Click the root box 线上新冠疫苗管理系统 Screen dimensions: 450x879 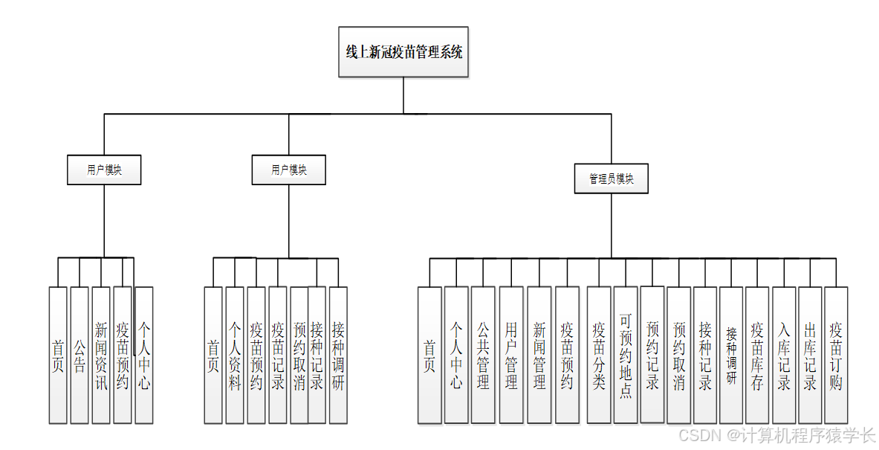point(403,52)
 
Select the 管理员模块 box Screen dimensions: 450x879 point(612,179)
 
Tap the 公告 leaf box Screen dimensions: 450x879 point(79,356)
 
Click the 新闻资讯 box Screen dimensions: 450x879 point(101,356)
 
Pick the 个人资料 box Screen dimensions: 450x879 point(235,356)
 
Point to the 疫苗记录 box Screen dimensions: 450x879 point(278,356)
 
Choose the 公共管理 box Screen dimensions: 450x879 point(483,356)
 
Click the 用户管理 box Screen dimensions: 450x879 point(511,356)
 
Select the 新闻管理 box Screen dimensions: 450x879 point(539,356)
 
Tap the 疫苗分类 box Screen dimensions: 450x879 point(599,356)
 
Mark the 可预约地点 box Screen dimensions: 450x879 point(626,356)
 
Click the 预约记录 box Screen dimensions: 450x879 point(652,356)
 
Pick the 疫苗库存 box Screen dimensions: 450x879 point(757,356)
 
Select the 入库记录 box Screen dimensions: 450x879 point(784,356)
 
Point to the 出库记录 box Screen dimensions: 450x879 point(810,356)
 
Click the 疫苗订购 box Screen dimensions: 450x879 point(836,356)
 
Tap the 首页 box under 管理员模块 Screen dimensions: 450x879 point(429,356)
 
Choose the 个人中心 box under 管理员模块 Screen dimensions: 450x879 point(456,356)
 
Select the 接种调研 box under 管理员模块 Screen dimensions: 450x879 point(731,356)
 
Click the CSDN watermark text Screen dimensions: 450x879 point(777,436)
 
